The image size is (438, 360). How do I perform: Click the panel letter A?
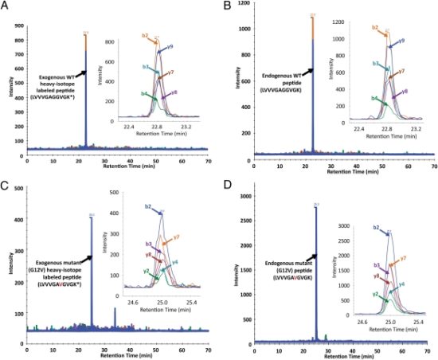pos(5,6)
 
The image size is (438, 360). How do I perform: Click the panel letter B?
pos(227,6)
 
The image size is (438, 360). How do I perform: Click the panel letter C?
pos(5,185)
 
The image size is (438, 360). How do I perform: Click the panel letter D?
pos(227,185)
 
